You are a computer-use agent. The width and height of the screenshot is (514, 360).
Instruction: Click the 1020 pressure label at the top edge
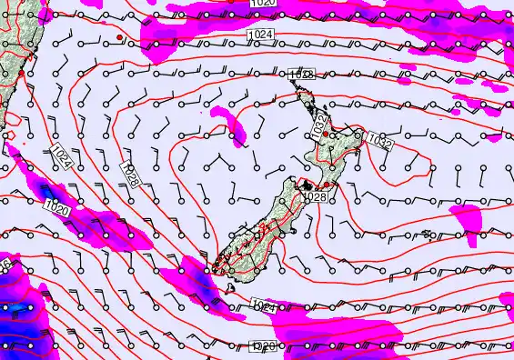point(265,5)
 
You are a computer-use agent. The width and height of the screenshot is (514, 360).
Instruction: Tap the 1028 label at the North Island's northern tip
point(301,75)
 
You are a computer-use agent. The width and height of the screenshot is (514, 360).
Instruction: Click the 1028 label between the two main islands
point(315,196)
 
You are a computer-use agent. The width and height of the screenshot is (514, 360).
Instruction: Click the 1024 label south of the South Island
point(262,307)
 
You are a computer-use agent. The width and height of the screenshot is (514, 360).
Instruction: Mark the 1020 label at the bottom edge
point(263,346)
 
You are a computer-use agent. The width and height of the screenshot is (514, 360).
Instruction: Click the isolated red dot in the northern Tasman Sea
point(119,37)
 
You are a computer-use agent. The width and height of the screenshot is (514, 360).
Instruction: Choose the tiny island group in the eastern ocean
point(427,235)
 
